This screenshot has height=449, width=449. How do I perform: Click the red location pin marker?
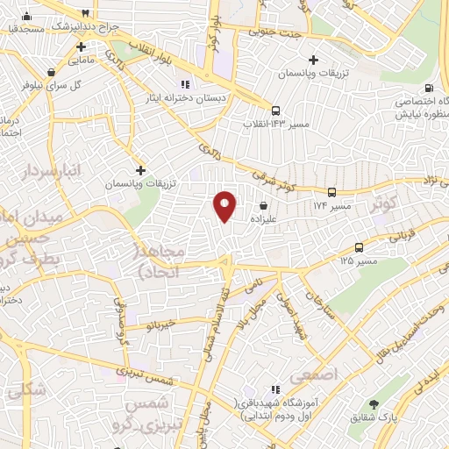click(x=225, y=206)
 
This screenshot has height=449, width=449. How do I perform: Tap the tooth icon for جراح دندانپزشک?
click(x=84, y=14)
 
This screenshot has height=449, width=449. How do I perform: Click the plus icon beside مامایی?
click(x=81, y=46)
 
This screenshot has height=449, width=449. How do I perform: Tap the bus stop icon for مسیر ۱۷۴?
click(x=331, y=191)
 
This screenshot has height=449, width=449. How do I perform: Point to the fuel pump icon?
click(x=428, y=87)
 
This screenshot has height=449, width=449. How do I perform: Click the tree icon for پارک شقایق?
click(x=374, y=404)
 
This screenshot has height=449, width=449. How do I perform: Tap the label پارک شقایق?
click(x=374, y=420)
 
